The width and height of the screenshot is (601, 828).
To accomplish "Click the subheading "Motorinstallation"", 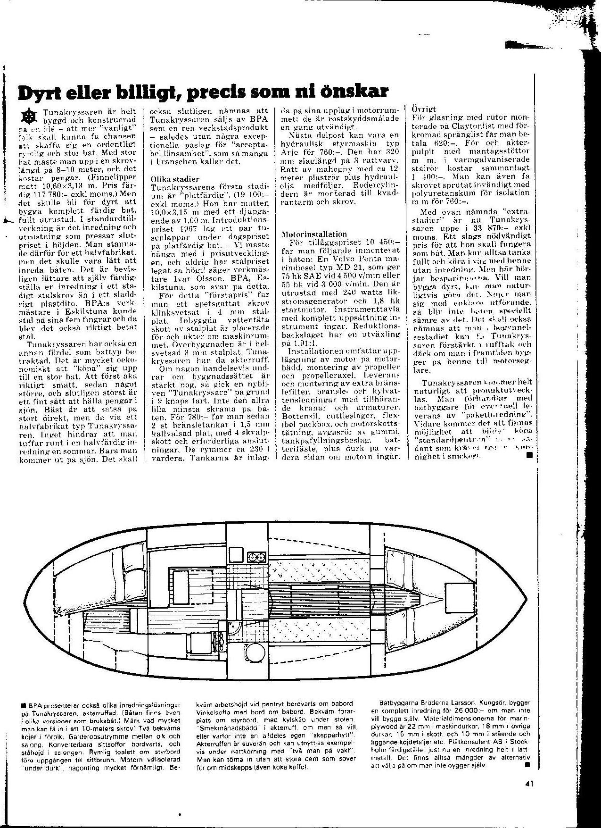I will coord(314,234).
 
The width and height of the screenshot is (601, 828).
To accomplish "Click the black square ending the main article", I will coord(529,456).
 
